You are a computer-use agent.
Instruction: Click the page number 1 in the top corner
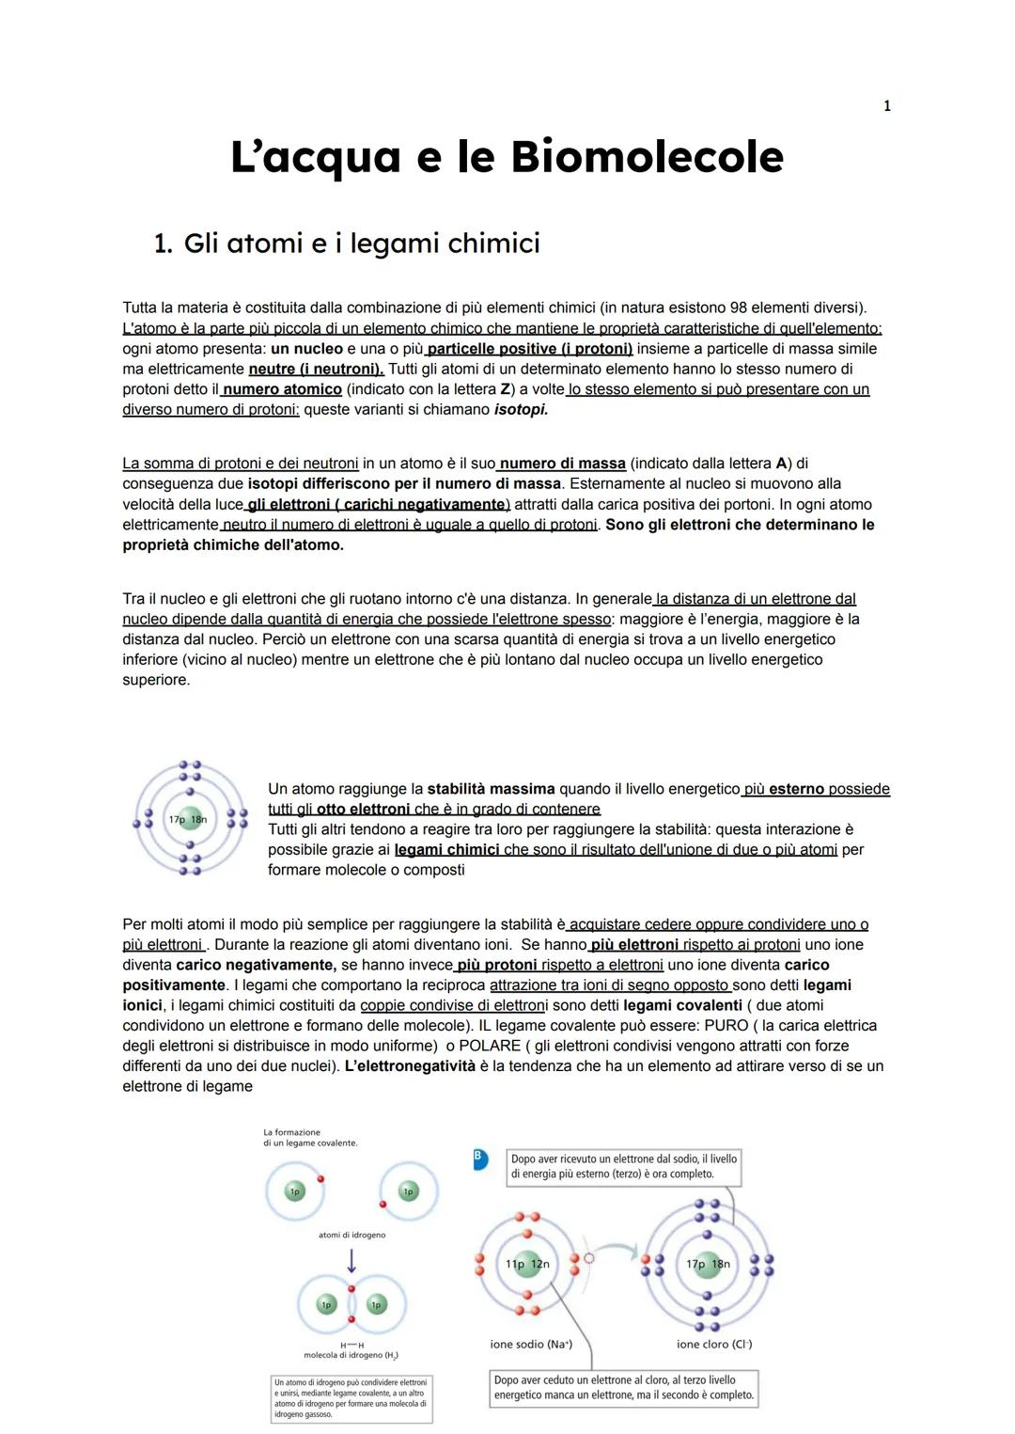(886, 106)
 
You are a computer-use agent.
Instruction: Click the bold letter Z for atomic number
(507, 389)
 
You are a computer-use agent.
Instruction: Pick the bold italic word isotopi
(521, 410)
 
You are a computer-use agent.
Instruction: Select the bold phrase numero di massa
(562, 464)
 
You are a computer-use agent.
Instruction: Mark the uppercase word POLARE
(490, 1046)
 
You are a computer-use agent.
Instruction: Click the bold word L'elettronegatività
(410, 1066)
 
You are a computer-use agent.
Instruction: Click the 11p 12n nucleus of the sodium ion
(527, 1264)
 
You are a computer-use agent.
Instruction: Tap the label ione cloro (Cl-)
(713, 1345)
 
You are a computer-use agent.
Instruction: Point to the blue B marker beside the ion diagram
(480, 1159)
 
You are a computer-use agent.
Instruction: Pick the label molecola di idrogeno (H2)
(351, 1355)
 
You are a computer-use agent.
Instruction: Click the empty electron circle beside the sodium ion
(589, 1258)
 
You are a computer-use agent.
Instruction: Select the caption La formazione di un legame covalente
(310, 1138)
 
